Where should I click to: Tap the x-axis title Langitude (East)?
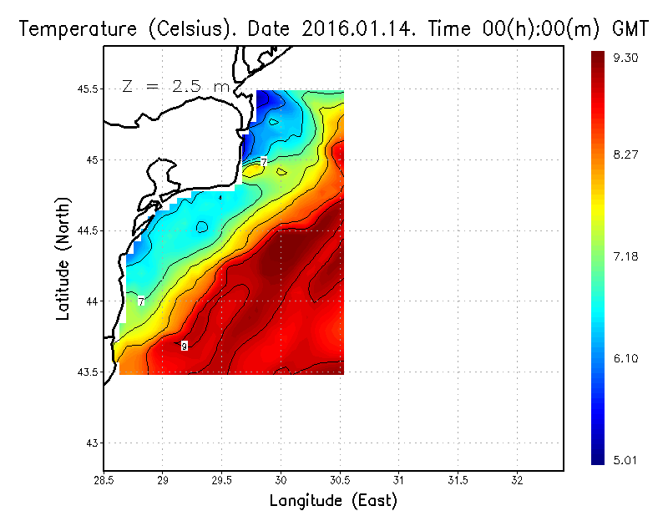[333, 501]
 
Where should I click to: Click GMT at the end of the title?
[631, 28]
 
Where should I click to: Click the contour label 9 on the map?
[184, 346]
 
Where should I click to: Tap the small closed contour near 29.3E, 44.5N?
[202, 226]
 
